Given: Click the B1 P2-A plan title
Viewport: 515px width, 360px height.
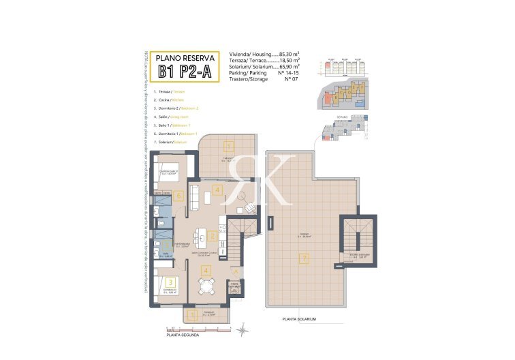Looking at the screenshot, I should click(186, 72).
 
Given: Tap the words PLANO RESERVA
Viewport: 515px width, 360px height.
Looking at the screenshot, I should click(186, 57).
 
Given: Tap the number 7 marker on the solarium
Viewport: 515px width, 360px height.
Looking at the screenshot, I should click(305, 258).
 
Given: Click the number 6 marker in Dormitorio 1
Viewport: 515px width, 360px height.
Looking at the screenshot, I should click(178, 196).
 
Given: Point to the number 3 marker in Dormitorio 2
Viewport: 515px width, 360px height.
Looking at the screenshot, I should click(171, 282).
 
